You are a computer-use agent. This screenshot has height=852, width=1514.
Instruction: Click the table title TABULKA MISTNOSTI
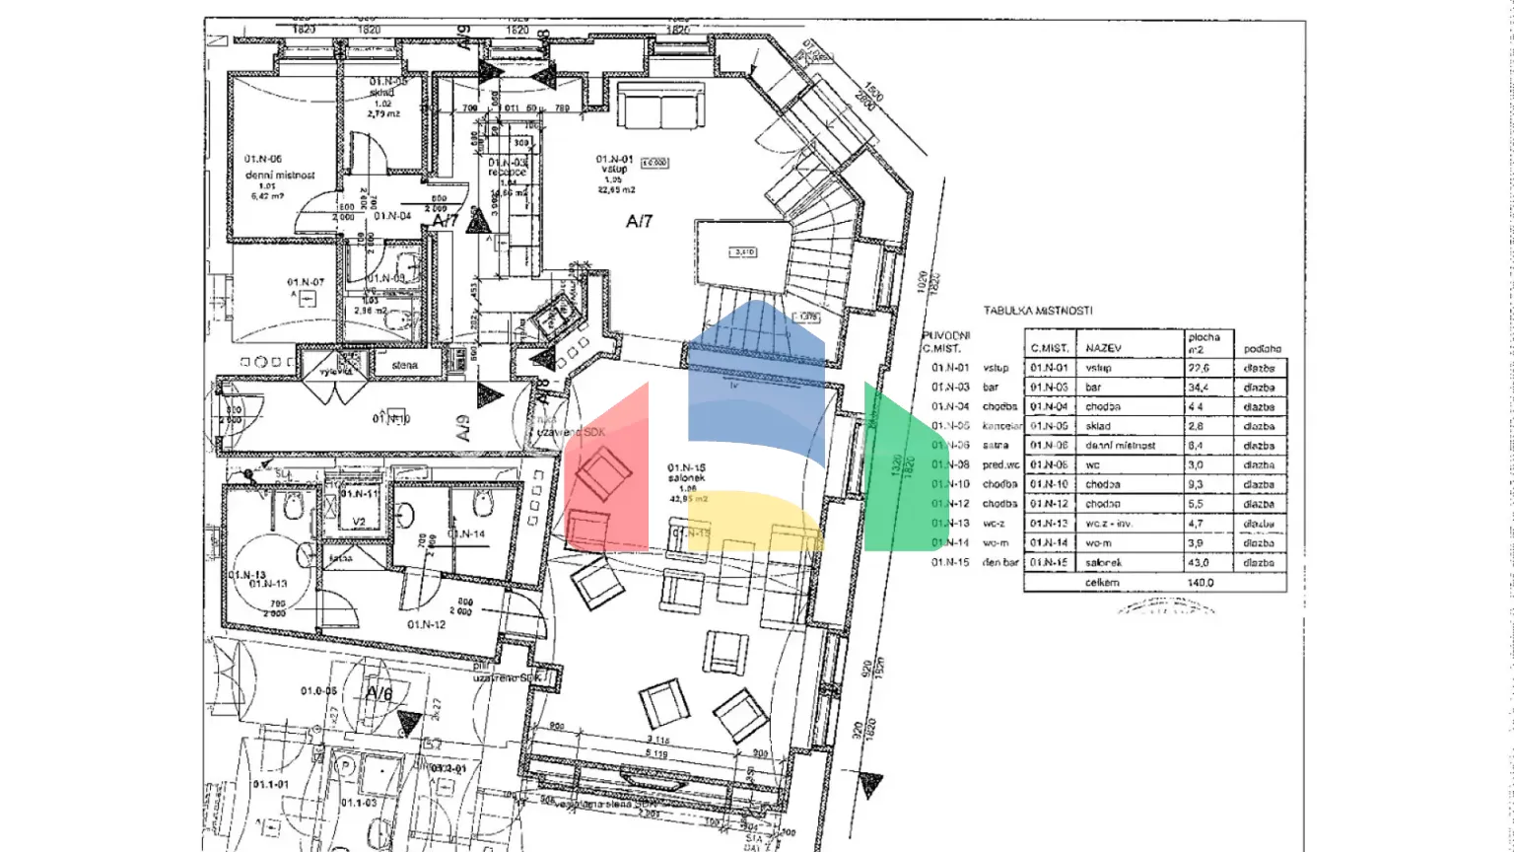click(x=1037, y=311)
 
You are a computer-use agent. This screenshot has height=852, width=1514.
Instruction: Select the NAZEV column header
click(x=1103, y=348)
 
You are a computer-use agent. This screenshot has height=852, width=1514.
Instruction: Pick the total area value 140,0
click(x=1200, y=583)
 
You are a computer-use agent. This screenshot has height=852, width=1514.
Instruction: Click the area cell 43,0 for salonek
click(x=1199, y=563)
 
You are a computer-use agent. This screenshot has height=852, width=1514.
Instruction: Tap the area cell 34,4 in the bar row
click(x=1199, y=388)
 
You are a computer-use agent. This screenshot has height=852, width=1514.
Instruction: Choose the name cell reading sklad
click(x=1098, y=426)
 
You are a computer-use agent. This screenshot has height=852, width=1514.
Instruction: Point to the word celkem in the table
click(x=1102, y=583)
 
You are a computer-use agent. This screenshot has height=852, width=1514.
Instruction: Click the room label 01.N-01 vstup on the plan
click(x=614, y=165)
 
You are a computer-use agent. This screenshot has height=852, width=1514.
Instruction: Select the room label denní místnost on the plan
click(x=280, y=175)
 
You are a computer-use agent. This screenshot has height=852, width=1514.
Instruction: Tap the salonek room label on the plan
click(x=686, y=478)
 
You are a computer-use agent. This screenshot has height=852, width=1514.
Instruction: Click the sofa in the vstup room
click(x=660, y=106)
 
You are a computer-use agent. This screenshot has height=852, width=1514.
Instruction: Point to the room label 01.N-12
click(x=426, y=624)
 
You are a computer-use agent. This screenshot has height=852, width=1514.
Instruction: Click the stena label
click(x=404, y=365)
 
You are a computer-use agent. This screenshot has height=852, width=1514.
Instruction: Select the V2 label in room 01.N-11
click(x=359, y=522)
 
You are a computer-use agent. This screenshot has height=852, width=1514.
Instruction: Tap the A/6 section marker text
click(x=379, y=693)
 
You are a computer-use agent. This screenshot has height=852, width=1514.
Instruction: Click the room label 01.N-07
click(x=306, y=283)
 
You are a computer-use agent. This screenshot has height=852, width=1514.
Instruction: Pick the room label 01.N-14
click(x=466, y=534)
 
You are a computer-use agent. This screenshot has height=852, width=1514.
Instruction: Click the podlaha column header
click(x=1262, y=348)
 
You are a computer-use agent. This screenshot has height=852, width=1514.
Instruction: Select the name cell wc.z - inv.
click(x=1109, y=524)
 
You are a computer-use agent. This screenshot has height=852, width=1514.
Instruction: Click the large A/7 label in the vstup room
click(x=639, y=222)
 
